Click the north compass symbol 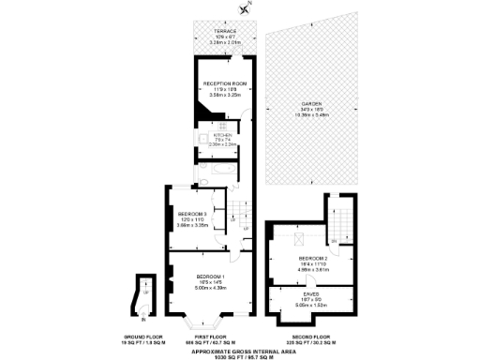246,8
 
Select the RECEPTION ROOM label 224,83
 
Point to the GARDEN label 311,103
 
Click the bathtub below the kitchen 221,170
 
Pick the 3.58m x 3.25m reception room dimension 224,96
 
